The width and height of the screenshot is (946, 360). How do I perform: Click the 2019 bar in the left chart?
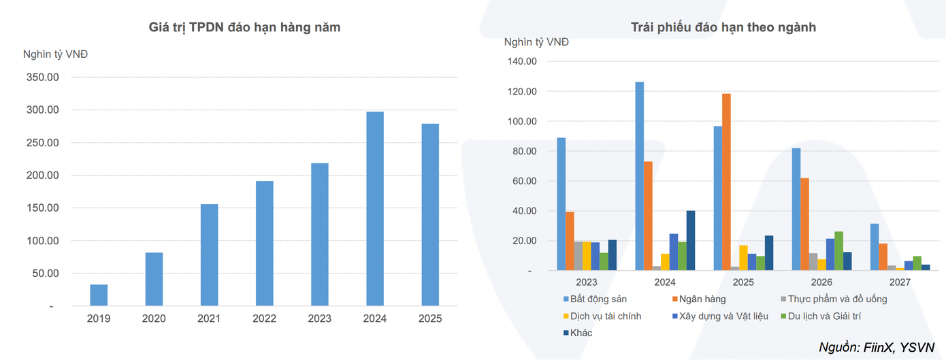99,295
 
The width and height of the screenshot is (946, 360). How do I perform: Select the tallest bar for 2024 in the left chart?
375,209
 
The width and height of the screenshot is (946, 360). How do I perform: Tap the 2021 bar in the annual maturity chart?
209,255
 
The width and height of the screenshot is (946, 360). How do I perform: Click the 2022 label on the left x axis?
264,318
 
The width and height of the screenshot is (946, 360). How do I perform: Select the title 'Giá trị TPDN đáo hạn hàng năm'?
244,28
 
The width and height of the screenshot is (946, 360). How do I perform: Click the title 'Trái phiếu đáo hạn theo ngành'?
723,28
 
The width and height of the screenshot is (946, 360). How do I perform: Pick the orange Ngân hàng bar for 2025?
726,182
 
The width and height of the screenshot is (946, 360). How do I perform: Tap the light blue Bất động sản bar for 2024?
639,176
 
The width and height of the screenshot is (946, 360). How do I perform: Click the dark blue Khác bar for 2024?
691,241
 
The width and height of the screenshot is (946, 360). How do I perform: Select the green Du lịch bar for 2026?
838,251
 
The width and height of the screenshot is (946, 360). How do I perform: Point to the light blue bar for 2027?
874,247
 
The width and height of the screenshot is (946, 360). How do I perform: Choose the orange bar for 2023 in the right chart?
570,242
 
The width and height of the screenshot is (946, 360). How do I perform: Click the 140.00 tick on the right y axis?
523,61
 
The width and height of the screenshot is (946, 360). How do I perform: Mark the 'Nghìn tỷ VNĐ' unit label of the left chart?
55,54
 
